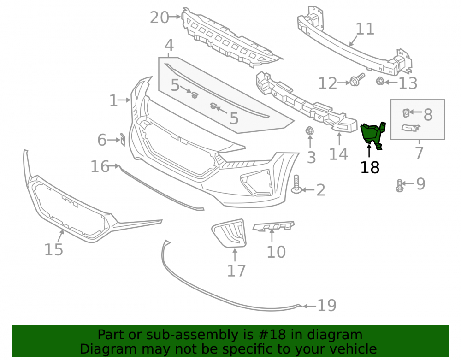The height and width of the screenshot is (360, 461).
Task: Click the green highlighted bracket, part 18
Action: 372,134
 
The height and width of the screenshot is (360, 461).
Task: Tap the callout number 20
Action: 160,18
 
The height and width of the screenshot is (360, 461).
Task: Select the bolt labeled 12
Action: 357,79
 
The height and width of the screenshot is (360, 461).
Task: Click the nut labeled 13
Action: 380,81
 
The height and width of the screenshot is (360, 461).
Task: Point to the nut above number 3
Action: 309,130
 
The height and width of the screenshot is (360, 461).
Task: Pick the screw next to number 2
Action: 296,185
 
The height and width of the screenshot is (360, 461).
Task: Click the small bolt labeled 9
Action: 399,186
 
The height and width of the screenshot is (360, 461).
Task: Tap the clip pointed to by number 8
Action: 406,113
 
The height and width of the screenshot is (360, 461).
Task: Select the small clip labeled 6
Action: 123,139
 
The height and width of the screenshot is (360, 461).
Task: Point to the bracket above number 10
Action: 274,226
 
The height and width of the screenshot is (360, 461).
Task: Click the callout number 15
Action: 53,249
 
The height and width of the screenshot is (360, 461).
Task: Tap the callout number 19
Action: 327,305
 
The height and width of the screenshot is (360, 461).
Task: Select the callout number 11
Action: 365,29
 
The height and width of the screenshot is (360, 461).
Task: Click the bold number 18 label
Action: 370,167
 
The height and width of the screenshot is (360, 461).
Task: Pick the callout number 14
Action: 338,154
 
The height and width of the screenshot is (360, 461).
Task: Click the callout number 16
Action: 100,166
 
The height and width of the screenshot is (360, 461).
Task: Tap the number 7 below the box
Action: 419,153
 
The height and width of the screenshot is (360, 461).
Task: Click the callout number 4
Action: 169,45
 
